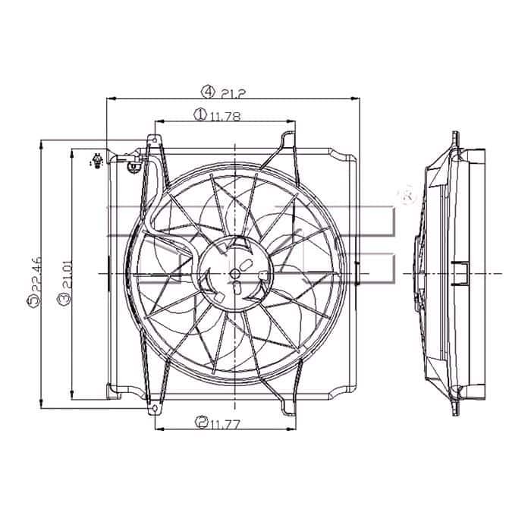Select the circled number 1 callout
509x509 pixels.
pos(200,115)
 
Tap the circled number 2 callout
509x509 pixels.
pos(200,422)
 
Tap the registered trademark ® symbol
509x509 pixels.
pos(407,196)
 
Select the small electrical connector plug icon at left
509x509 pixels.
pos(97,162)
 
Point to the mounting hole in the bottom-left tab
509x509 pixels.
pos(157,409)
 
